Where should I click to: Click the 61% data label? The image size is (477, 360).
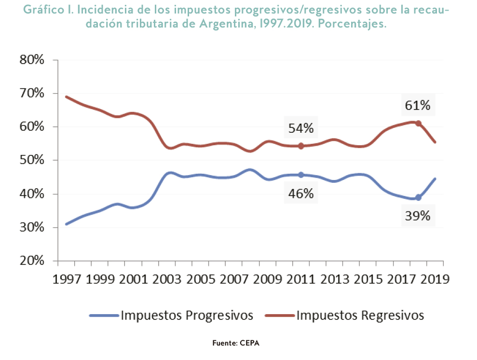(418, 105)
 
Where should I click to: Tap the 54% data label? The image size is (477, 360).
(301, 128)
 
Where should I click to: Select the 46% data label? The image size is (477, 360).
(301, 194)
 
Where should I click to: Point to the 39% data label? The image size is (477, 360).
(418, 215)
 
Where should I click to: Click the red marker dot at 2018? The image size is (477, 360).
(418, 123)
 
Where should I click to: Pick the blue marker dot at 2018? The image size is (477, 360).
(418, 197)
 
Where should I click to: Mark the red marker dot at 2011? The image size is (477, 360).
(301, 146)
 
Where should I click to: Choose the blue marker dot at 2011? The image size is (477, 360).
(301, 175)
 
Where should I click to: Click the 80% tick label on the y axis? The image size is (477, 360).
(32, 60)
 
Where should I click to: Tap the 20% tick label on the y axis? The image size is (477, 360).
(32, 261)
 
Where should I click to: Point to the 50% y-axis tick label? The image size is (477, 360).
(32, 160)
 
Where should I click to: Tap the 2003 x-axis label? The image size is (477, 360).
(158, 279)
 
